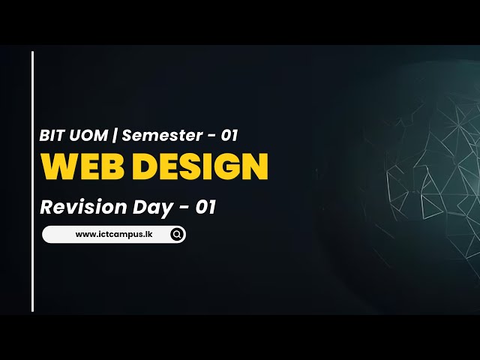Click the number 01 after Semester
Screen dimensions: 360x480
[229, 136]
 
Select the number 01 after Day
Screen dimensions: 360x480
[205, 207]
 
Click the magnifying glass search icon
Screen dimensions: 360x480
[177, 235]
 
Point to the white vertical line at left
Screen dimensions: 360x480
[33, 181]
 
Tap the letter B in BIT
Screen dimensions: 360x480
[45, 136]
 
